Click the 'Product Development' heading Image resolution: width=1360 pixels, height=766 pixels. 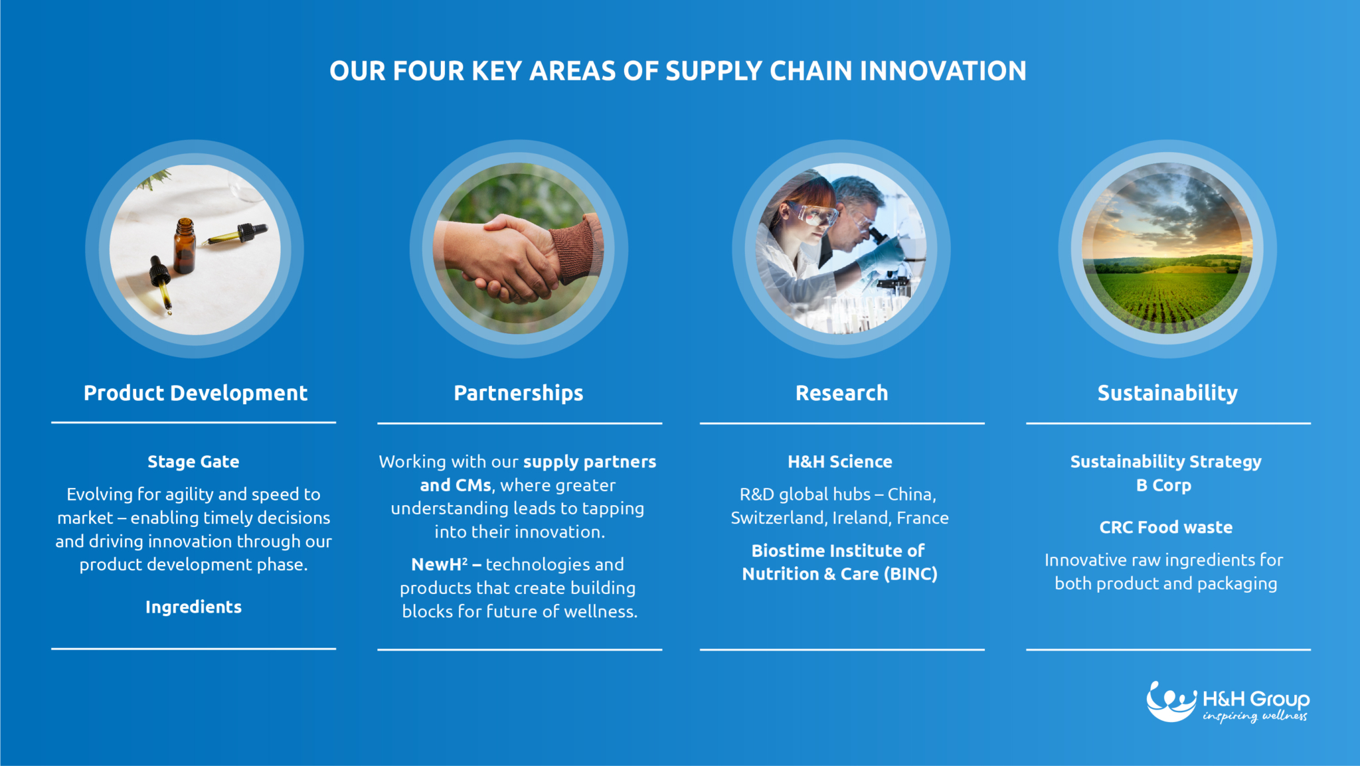coord(195,393)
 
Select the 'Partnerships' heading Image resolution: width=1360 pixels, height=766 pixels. coord(519,393)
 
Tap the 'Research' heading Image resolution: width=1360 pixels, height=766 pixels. coord(841,393)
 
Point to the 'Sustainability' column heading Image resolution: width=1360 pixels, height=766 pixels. coord(1167,393)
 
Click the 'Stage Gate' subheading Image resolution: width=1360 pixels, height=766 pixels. coord(193,461)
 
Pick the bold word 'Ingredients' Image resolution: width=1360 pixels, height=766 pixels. coord(193,607)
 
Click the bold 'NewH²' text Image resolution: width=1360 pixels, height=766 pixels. coord(439,564)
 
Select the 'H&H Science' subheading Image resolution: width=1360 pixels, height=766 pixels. coord(840,461)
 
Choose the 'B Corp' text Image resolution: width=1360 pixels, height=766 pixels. coord(1163,485)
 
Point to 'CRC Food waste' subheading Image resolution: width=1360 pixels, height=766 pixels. coord(1166,527)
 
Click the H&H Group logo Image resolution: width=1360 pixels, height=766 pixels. coord(1228,702)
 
